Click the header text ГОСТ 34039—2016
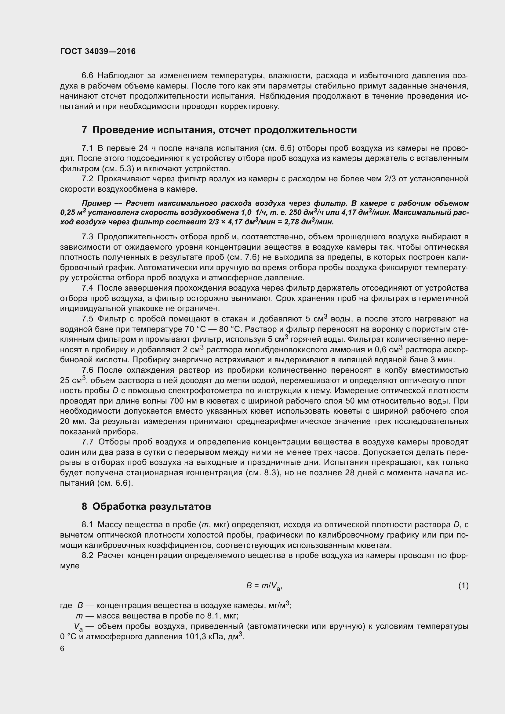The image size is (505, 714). [x=98, y=52]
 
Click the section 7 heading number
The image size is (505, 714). [x=84, y=130]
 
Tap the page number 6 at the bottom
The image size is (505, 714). [x=62, y=649]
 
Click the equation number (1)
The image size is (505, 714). [x=463, y=586]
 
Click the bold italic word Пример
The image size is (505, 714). [x=96, y=203]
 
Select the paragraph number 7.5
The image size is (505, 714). [x=87, y=319]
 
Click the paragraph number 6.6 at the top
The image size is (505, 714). [x=87, y=76]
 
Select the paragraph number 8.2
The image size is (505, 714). [x=87, y=555]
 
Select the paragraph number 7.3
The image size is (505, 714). [x=87, y=237]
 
